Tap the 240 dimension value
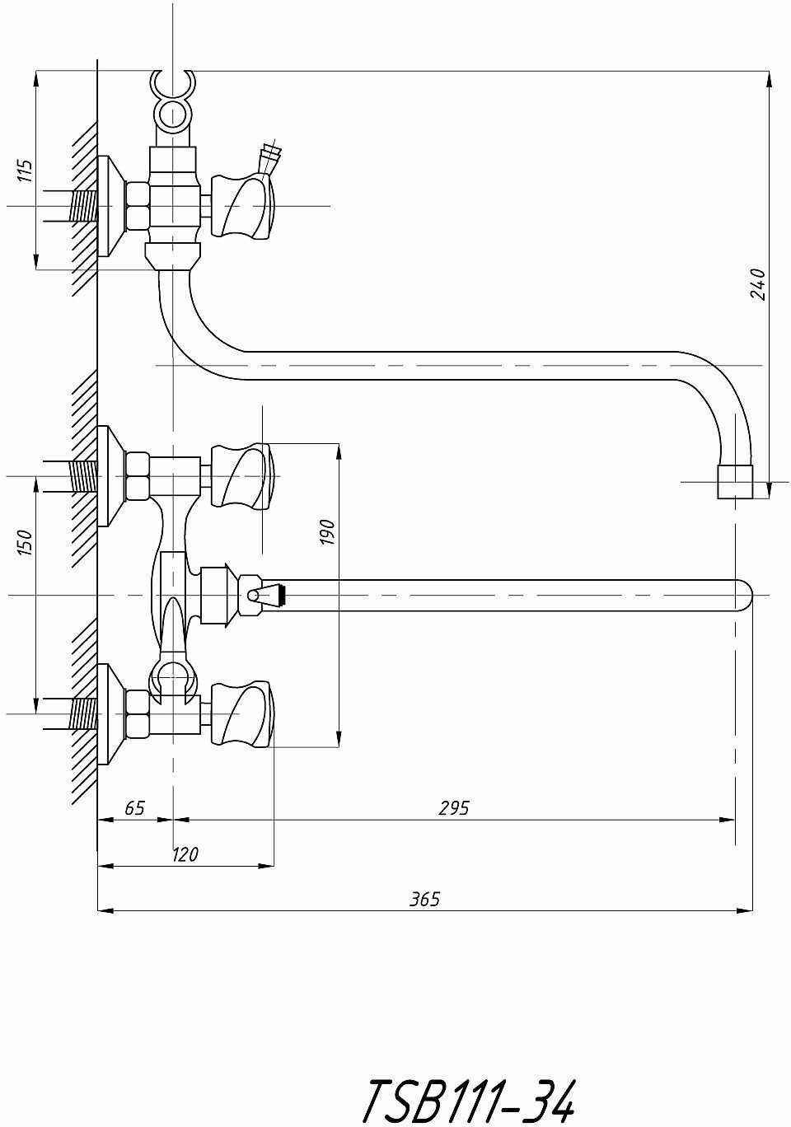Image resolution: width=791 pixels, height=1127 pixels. pyautogui.click(x=758, y=285)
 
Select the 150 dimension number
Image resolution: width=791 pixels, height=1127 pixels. pyautogui.click(x=26, y=542)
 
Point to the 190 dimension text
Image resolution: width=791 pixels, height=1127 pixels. pyautogui.click(x=327, y=532)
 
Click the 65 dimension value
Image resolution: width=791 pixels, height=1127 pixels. pyautogui.click(x=134, y=807)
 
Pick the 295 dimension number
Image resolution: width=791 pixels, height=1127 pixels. pyautogui.click(x=453, y=807)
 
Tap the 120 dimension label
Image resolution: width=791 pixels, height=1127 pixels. pyautogui.click(x=185, y=854)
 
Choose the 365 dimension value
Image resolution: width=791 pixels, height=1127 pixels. pyautogui.click(x=424, y=899)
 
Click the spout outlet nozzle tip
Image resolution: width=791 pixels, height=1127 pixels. pyautogui.click(x=735, y=481)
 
